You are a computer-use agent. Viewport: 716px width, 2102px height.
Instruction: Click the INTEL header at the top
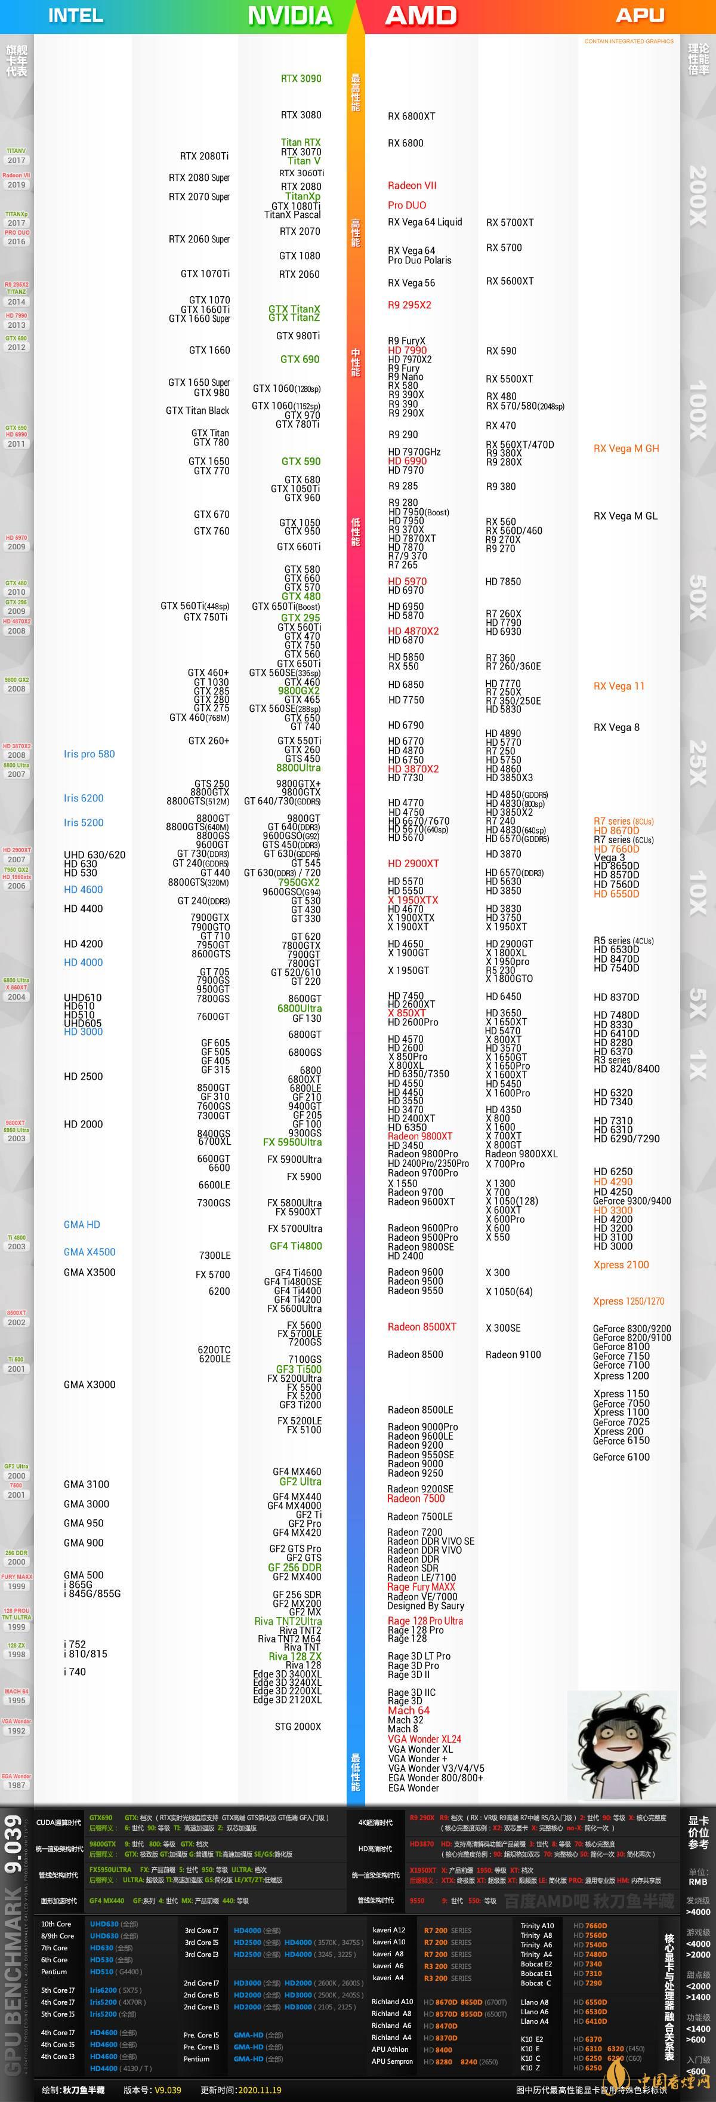click(x=76, y=16)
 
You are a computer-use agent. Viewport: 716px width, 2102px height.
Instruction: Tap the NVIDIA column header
click(x=289, y=16)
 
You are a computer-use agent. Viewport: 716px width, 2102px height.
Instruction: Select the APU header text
click(x=640, y=16)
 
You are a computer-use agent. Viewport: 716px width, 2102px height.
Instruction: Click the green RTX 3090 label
click(x=301, y=78)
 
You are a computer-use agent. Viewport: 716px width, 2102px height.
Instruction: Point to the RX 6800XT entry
click(x=411, y=116)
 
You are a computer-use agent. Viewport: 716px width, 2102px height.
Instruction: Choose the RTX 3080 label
click(x=301, y=115)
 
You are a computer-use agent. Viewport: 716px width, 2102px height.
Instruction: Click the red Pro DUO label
click(x=407, y=205)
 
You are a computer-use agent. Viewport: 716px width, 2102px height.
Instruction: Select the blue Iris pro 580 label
click(x=89, y=754)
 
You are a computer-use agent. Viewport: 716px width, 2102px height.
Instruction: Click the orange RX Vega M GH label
click(x=626, y=448)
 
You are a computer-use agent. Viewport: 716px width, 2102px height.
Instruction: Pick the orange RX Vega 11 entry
click(x=619, y=686)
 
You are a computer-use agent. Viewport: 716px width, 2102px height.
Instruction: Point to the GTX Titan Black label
click(x=197, y=410)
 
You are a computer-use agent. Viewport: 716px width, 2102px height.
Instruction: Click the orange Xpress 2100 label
click(x=621, y=1264)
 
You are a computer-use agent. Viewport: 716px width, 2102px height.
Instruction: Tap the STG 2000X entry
click(x=298, y=1726)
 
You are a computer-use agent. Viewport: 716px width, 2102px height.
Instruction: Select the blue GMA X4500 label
click(x=89, y=1252)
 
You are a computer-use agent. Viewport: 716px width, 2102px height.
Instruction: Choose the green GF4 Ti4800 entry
click(x=295, y=1246)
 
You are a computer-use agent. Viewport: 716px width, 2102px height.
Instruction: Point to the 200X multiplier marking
click(x=698, y=196)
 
